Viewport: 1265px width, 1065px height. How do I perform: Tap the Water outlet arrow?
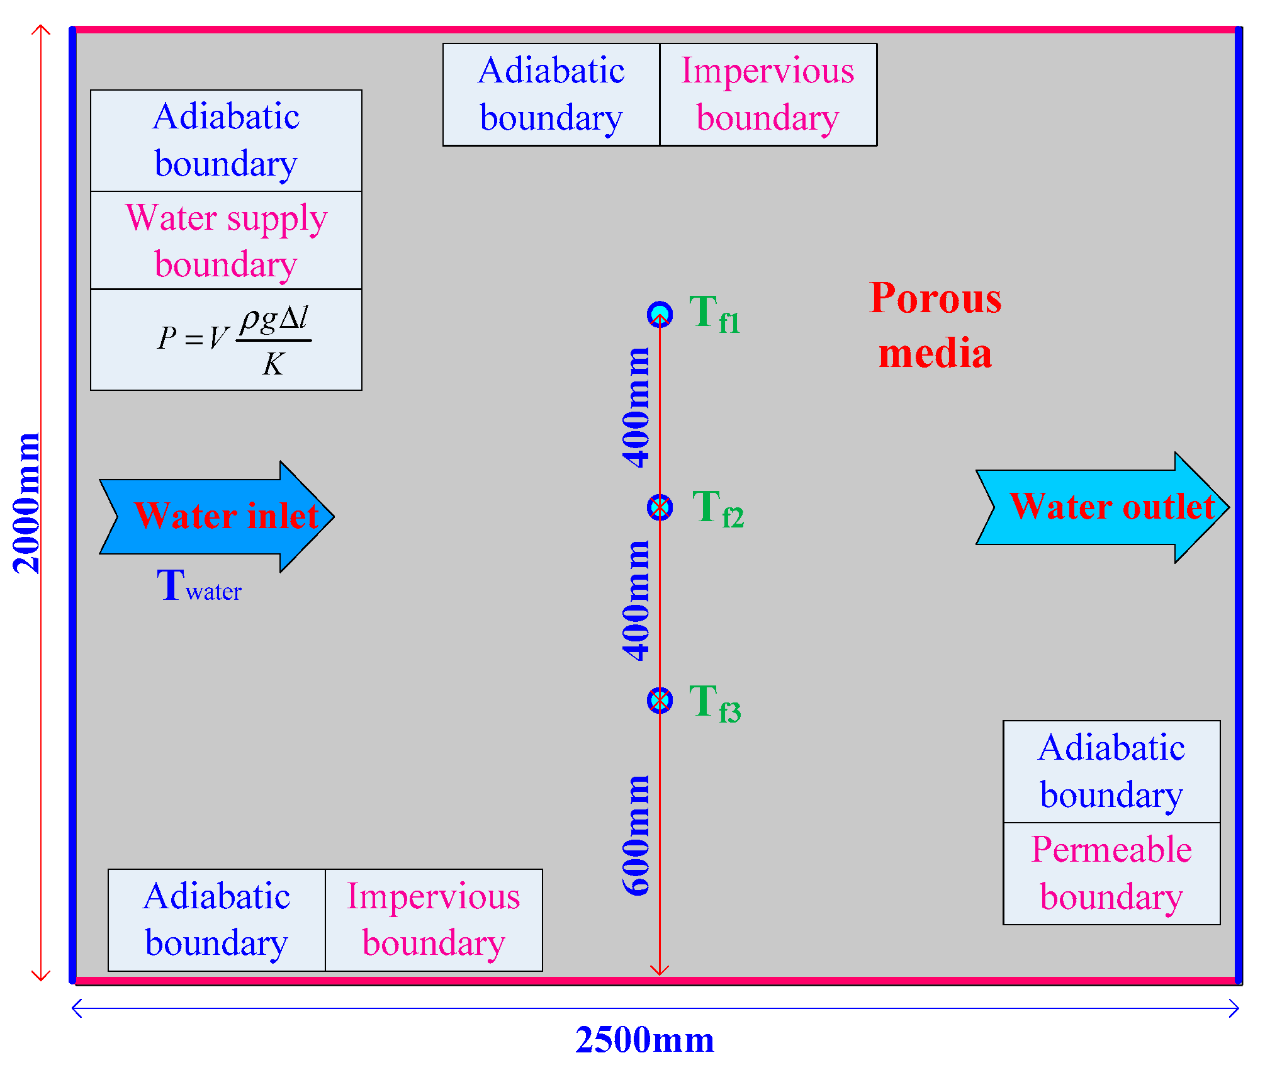(1101, 507)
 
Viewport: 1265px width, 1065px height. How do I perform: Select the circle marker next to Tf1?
(660, 313)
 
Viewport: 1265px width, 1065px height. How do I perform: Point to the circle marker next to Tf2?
(660, 507)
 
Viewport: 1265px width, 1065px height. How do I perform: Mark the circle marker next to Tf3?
(660, 700)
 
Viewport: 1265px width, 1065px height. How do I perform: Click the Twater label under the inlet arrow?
(198, 587)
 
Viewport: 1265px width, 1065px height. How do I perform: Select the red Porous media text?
(935, 325)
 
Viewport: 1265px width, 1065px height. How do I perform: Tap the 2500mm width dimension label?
(644, 1040)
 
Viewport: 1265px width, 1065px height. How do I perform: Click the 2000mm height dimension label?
(26, 504)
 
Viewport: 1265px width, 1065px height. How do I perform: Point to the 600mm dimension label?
(636, 836)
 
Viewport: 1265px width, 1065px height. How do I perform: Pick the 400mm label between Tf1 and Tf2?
(636, 408)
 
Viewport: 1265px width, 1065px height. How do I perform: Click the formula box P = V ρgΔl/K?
(226, 340)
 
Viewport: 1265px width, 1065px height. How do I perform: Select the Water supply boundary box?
(226, 240)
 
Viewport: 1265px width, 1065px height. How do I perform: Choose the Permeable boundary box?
(1111, 874)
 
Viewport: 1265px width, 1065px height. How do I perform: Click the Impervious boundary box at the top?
(768, 94)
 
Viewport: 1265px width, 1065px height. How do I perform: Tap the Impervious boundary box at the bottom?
(434, 920)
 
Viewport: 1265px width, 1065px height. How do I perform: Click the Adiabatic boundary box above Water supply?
(226, 140)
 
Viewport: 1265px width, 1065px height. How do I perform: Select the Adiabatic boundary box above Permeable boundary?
(1111, 772)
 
